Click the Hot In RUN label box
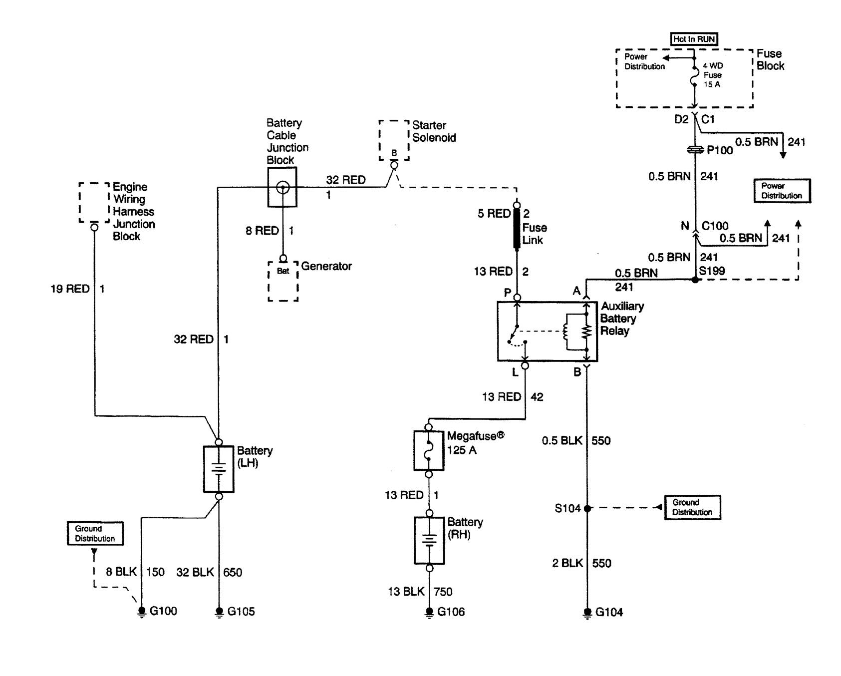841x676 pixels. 694,39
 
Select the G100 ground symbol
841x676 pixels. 142,611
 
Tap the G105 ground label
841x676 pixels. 241,612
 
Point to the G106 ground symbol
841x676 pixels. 429,612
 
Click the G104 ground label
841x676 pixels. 609,612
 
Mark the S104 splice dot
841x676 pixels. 587,508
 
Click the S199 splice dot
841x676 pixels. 695,280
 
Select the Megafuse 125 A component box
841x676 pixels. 429,451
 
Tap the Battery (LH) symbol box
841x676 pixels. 219,469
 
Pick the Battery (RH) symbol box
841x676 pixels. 429,541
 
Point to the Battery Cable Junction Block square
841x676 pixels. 282,187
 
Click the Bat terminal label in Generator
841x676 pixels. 283,271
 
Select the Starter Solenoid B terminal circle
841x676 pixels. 394,165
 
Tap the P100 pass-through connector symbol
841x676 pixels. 695,149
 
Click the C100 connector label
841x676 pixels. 715,226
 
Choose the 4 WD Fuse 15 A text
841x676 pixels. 712,75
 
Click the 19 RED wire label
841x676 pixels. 70,289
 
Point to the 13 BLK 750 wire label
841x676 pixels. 420,592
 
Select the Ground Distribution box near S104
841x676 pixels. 692,507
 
